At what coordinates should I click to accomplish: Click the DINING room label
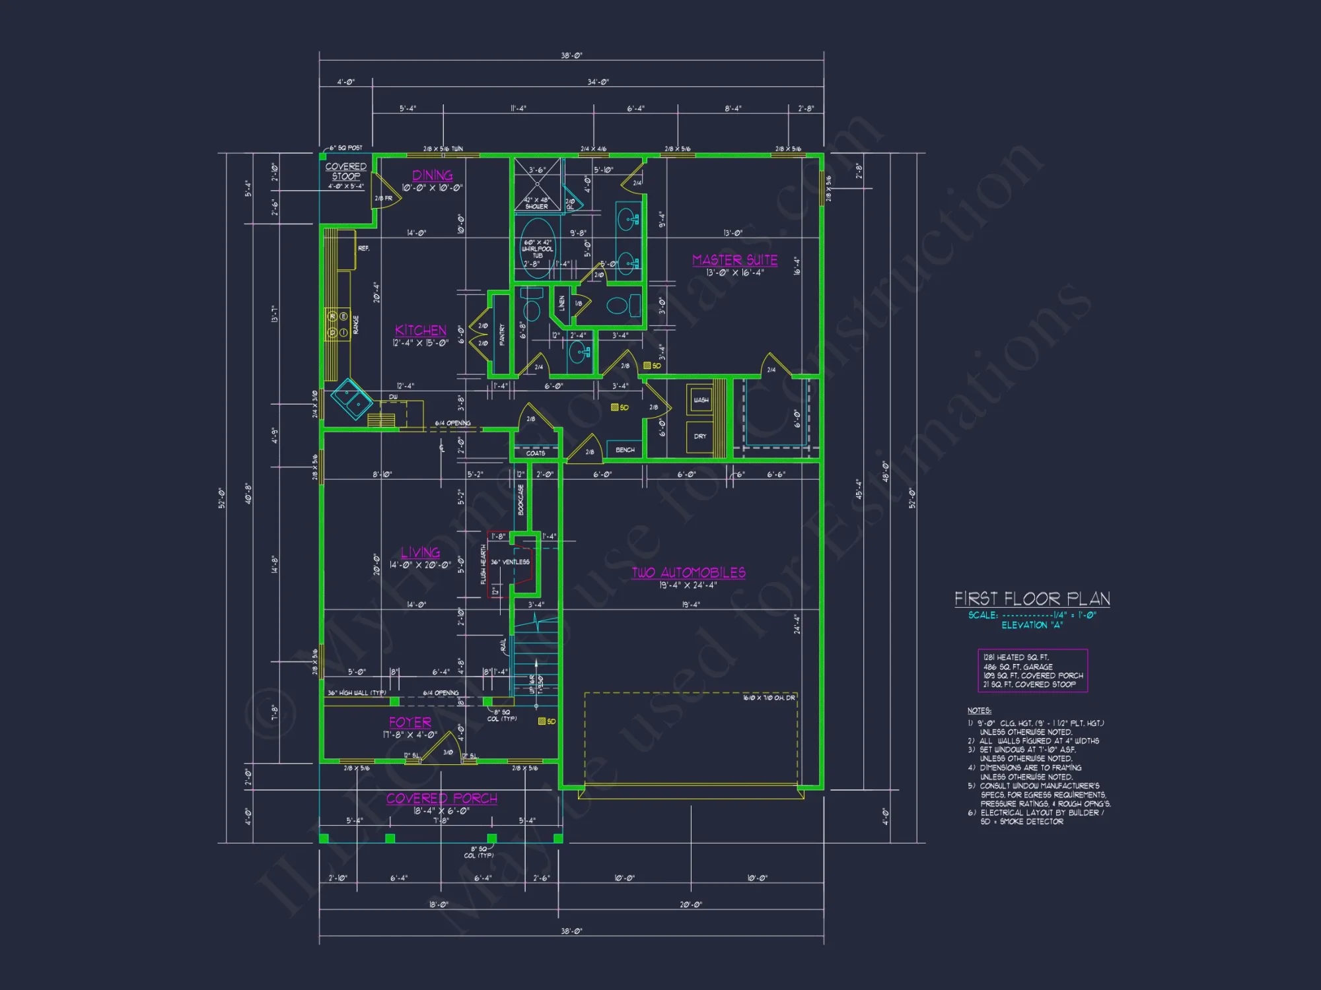pos(433,176)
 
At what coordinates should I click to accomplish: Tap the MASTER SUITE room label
pos(734,260)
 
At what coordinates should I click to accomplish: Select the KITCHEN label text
pos(421,331)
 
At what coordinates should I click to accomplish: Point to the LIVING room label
pos(420,552)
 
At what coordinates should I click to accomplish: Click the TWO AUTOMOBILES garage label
pos(688,573)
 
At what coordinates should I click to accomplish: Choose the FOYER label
pos(410,723)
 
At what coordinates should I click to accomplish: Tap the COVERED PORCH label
pos(441,799)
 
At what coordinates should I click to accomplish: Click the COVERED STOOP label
pos(345,171)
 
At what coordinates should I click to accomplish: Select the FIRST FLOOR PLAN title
pos(1032,599)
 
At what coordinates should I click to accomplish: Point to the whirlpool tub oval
pos(538,247)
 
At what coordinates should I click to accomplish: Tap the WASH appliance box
pos(700,400)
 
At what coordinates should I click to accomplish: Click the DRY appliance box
pos(700,436)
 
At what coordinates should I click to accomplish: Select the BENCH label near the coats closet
pos(624,450)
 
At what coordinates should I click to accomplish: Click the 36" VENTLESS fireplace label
pos(510,562)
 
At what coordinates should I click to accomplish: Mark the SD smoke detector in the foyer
pos(546,721)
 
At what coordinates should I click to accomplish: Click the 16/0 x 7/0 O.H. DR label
pos(768,698)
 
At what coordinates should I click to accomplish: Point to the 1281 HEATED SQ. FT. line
pos(1015,657)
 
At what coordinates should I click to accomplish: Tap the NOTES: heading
pos(979,711)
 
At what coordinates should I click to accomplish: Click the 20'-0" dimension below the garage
pos(690,904)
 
